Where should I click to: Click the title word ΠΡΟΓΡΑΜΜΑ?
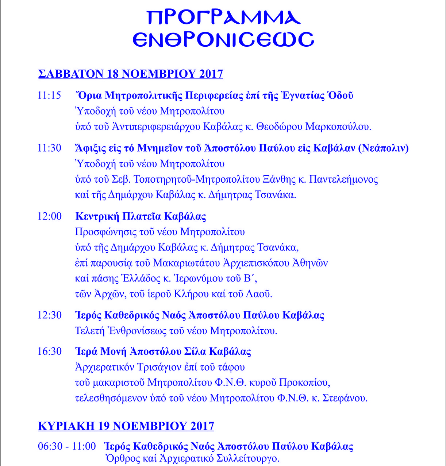[x=223, y=18]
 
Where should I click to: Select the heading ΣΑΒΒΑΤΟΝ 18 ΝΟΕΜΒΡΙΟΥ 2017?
[x=130, y=74]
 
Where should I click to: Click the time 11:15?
[x=49, y=96]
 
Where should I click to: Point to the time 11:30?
[x=49, y=148]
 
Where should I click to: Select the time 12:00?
[x=50, y=216]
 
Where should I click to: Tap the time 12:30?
[x=50, y=315]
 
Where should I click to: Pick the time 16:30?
[x=50, y=352]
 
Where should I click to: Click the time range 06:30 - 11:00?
[x=67, y=446]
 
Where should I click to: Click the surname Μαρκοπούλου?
[x=338, y=127]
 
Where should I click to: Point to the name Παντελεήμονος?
[x=343, y=179]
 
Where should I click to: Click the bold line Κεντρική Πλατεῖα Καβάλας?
[x=141, y=216]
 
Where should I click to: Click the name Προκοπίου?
[x=304, y=383]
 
